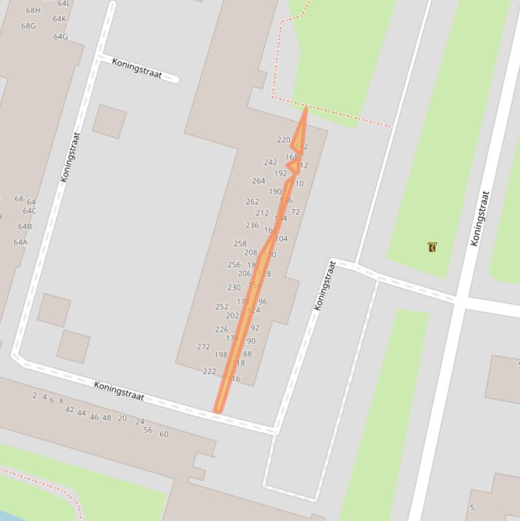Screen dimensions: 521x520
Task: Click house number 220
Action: tap(283, 140)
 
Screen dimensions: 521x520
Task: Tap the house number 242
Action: tap(270, 162)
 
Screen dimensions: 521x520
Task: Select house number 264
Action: tap(258, 181)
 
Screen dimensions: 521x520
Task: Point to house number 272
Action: tap(204, 346)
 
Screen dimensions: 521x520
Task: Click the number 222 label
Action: tap(210, 371)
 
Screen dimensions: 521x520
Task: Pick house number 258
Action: tap(240, 244)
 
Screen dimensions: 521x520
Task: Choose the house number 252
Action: tap(222, 307)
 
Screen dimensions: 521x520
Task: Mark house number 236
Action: tap(252, 225)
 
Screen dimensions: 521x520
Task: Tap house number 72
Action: tap(296, 212)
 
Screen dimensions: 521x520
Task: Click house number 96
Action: tap(262, 302)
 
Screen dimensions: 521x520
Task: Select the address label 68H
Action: tap(33, 10)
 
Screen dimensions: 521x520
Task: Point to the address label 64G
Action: tap(61, 37)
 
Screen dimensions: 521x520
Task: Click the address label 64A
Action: tap(20, 242)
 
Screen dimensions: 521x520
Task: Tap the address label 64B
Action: tap(25, 227)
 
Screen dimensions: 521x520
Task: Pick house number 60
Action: tap(164, 434)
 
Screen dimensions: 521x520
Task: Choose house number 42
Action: tap(70, 409)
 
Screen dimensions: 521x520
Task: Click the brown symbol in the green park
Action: tap(432, 247)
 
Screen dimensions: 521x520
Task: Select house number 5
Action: tap(472, 507)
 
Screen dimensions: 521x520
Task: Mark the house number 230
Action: tap(234, 288)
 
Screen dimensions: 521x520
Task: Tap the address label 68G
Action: tap(28, 26)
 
